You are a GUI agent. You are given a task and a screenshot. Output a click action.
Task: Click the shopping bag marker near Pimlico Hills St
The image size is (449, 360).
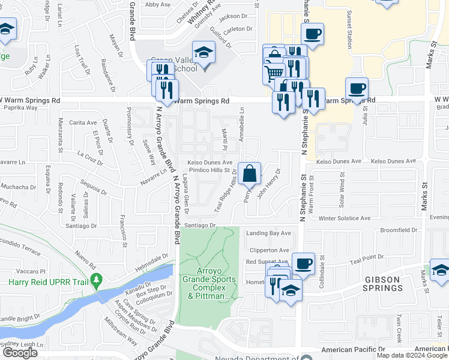(249, 174)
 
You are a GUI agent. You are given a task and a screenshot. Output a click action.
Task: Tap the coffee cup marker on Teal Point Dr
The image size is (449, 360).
(303, 263)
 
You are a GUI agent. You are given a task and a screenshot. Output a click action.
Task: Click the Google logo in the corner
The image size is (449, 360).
(20, 353)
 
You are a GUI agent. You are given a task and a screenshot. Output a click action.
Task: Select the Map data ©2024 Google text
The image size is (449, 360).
(412, 355)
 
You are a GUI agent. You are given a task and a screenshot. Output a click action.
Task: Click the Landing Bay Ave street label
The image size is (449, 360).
(268, 233)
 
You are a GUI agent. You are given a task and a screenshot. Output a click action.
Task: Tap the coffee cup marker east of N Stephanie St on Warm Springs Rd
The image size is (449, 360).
(357, 88)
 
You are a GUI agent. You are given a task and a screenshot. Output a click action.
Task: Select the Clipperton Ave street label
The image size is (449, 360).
(268, 250)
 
